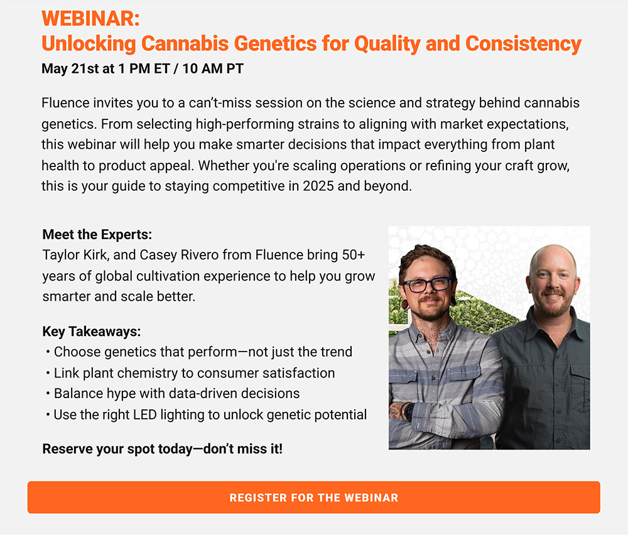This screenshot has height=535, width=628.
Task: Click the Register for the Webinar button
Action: coord(313,497)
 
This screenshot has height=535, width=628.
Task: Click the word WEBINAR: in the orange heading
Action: coord(90,18)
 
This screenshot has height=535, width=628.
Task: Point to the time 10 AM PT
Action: coord(213,68)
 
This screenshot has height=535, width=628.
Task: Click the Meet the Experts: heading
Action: coord(97,234)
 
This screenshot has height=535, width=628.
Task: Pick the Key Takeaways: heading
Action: coord(92,332)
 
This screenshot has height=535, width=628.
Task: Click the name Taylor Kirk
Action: coord(75,255)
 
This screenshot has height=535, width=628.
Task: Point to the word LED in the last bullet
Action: coord(144,414)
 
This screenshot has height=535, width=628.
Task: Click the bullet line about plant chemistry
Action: coord(190,373)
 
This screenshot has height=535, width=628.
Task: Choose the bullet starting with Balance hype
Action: coord(173,394)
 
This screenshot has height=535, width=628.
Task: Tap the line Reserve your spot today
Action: coord(162,449)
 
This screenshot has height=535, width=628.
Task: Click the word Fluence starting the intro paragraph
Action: coord(66,103)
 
